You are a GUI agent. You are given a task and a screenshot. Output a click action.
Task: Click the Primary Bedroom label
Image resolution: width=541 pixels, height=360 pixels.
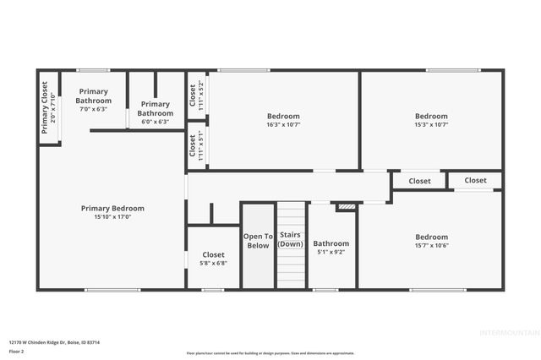point(112,208)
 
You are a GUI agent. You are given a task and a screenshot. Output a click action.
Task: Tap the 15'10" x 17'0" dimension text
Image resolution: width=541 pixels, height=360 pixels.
point(112,216)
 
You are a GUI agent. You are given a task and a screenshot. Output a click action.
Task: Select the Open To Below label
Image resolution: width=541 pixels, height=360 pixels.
point(258,241)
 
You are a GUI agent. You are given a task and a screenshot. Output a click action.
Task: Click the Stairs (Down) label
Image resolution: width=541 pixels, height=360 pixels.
point(291,239)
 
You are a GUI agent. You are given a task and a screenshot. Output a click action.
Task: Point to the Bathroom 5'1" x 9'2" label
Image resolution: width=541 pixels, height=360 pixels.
point(331,243)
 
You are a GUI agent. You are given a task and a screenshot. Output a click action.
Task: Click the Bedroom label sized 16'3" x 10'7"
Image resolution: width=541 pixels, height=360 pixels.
point(283,116)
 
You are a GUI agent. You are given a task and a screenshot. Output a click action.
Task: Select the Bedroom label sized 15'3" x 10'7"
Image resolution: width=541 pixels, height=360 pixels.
point(431,116)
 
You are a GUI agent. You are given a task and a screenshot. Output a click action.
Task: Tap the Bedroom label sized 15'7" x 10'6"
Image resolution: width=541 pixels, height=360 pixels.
point(431,237)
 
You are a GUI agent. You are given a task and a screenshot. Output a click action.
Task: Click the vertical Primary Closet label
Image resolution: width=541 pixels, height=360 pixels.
point(45,107)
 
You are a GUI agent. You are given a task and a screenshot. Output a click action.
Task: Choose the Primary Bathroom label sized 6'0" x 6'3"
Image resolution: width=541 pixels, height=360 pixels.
point(156,108)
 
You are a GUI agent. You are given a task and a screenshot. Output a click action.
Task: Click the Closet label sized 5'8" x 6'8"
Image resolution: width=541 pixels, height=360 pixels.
point(213,254)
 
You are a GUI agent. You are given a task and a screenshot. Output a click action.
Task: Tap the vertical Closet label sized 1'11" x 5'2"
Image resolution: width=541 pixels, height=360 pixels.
point(193,95)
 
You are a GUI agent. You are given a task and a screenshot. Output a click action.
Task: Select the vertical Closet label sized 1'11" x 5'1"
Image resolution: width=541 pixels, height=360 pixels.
point(193,145)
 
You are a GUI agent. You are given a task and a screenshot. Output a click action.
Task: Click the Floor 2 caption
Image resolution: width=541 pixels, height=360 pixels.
point(17,350)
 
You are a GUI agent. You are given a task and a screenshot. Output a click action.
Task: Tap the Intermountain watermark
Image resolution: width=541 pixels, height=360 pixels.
point(506,332)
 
